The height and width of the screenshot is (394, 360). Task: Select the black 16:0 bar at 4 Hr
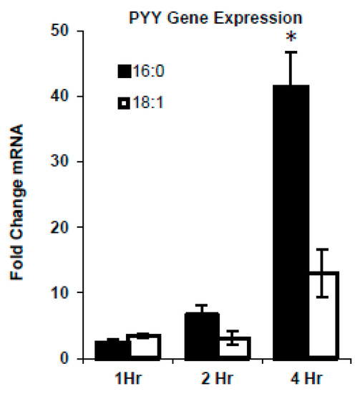[271, 222]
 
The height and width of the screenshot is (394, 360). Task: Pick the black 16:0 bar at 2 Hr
[181, 336]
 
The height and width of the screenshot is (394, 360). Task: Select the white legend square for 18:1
[126, 105]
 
